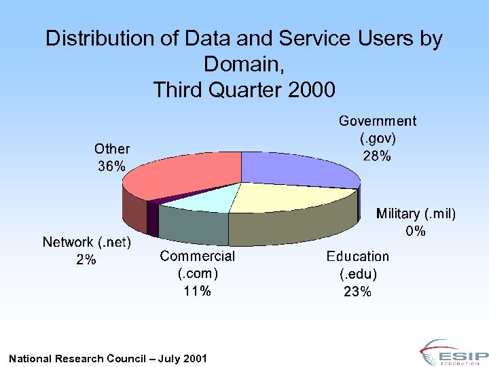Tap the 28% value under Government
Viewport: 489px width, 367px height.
click(377, 156)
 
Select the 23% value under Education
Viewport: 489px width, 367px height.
click(357, 292)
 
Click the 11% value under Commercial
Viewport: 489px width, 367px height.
click(197, 291)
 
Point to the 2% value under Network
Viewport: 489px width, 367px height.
click(86, 260)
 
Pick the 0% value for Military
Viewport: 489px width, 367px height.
click(416, 231)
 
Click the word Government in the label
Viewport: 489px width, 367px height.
click(377, 121)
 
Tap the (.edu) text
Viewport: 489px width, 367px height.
click(357, 275)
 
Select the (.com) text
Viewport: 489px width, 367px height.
click(197, 273)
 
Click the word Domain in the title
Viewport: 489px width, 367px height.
click(241, 65)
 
